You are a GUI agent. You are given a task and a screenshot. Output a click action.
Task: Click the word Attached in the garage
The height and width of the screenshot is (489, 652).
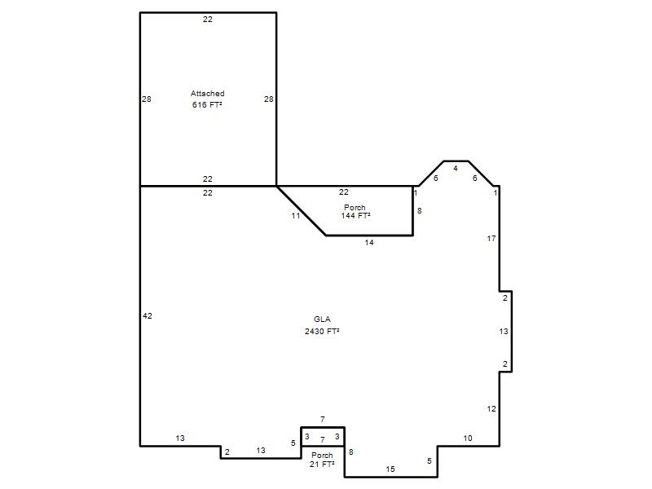point(208,94)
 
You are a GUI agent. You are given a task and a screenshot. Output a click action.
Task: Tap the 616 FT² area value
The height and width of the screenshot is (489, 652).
point(207,105)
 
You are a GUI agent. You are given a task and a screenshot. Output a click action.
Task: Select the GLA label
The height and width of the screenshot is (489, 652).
point(322,319)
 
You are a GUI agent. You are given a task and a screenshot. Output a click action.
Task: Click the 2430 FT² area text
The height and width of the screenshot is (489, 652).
point(322,332)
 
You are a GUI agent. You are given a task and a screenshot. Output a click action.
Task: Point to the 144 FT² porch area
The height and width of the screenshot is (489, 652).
point(355,216)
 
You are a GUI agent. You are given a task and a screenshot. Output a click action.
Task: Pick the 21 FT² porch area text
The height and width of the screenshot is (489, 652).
point(322,464)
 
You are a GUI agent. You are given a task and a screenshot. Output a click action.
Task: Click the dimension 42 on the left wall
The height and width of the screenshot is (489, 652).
point(148,316)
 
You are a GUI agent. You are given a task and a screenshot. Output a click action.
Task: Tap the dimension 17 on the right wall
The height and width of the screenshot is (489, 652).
point(491,238)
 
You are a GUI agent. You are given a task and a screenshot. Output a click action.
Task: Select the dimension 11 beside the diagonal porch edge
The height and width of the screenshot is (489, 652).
point(296,216)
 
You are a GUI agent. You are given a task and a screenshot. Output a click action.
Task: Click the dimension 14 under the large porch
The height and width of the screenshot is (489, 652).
point(369,243)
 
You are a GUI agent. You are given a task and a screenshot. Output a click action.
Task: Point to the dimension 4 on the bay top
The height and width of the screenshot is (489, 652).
point(456,169)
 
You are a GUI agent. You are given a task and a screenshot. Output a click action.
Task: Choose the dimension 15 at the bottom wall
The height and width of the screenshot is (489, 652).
point(390,469)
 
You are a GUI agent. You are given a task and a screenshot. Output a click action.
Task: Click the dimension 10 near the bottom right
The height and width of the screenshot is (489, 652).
point(468,438)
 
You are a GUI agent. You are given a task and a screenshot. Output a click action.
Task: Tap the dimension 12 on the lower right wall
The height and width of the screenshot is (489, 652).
point(491,409)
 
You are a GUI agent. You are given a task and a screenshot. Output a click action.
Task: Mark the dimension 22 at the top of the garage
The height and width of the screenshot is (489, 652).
point(208,19)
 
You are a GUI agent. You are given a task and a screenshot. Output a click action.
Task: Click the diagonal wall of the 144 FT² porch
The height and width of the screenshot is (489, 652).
point(301,211)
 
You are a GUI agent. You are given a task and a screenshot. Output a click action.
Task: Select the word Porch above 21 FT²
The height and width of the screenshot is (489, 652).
point(322,456)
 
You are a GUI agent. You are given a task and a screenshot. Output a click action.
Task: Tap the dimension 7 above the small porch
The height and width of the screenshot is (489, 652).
point(323,420)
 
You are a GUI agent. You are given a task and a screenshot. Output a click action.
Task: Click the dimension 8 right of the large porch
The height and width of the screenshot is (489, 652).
point(420,211)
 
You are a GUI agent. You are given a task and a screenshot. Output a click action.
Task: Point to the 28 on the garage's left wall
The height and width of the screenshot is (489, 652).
point(147,99)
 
